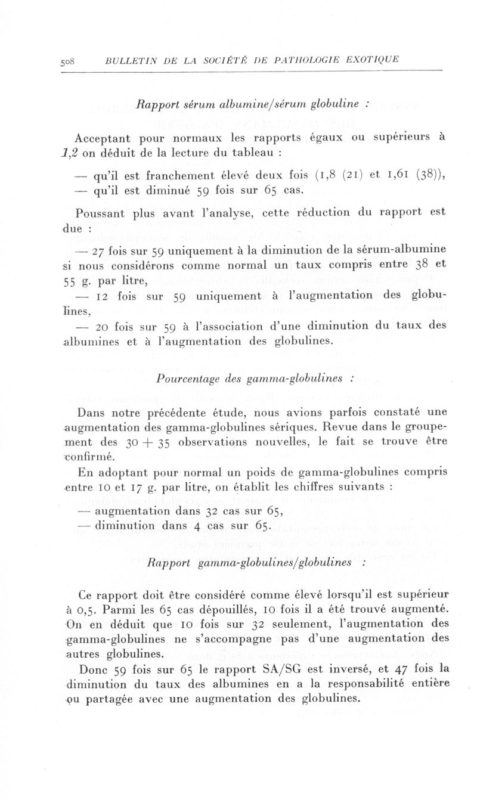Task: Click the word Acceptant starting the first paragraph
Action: point(106,138)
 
